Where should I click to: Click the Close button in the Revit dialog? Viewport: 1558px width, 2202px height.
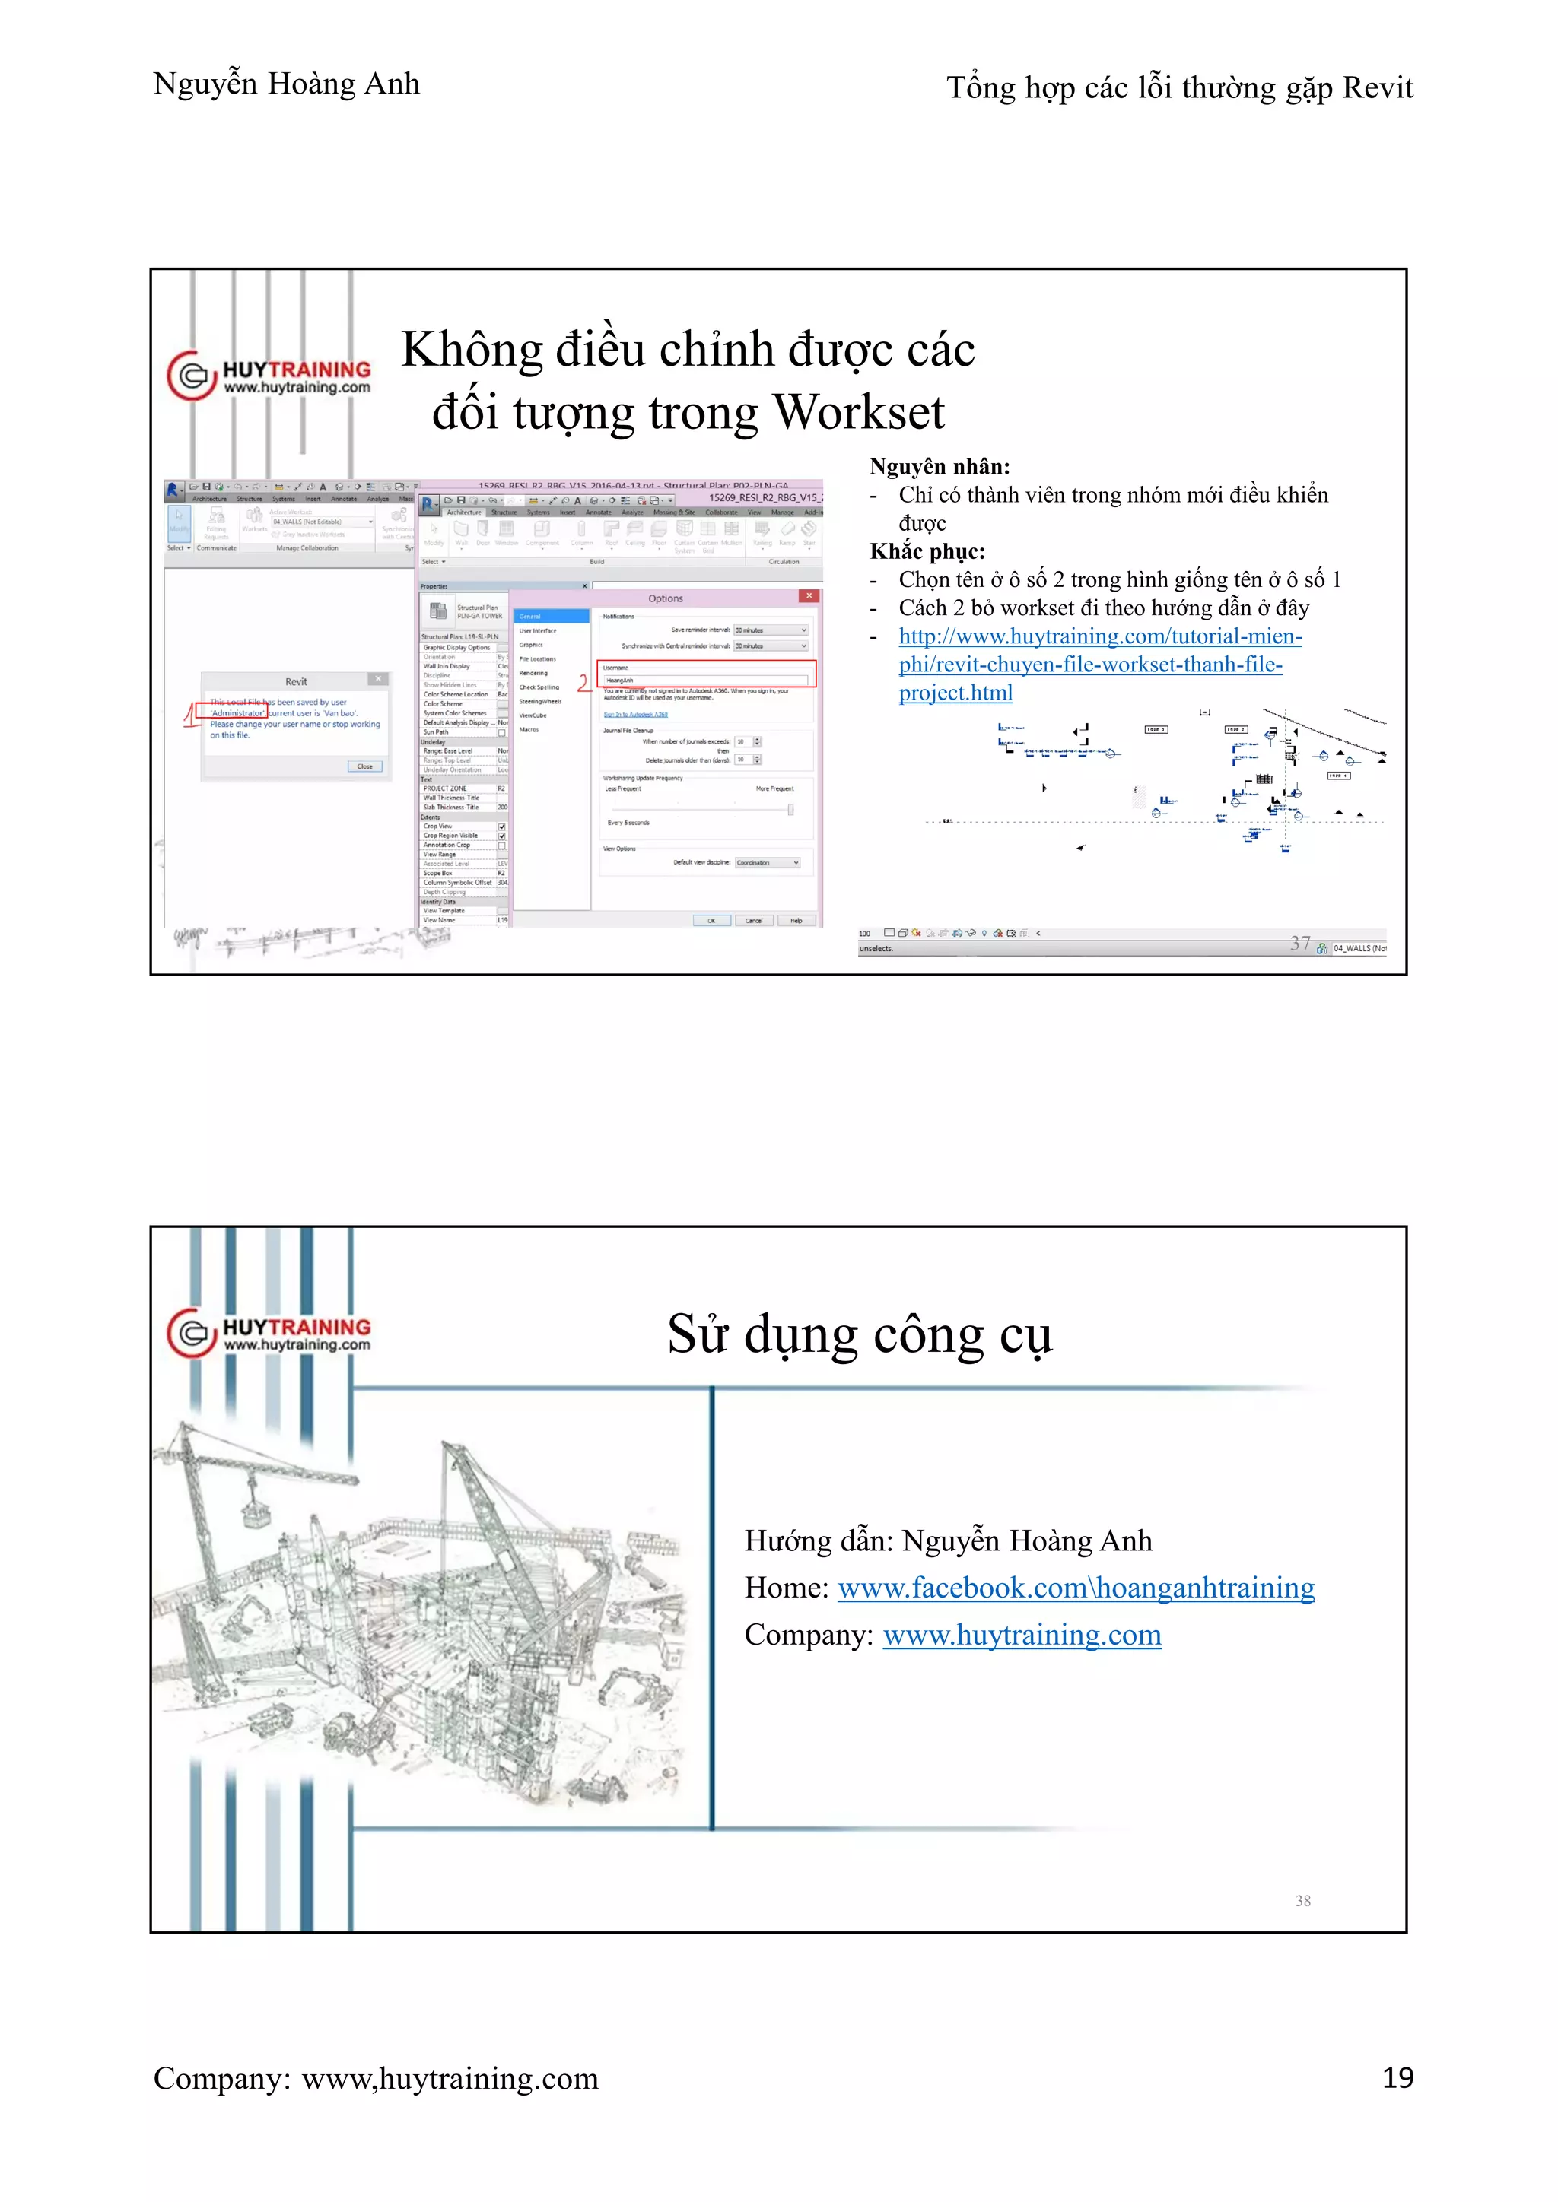(x=364, y=766)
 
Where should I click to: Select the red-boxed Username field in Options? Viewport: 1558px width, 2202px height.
(x=706, y=679)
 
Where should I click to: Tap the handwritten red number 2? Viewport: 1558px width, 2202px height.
(x=583, y=683)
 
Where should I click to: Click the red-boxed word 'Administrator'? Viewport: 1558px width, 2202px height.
(x=236, y=712)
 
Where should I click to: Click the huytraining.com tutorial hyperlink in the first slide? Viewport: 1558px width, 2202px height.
(x=1099, y=664)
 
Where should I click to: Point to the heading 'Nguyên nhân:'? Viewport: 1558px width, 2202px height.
(x=940, y=467)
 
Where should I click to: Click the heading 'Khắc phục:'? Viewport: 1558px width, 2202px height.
(x=927, y=551)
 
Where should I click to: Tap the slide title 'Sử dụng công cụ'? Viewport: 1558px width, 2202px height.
(x=860, y=1334)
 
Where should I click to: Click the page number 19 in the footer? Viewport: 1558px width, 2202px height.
(x=1397, y=2078)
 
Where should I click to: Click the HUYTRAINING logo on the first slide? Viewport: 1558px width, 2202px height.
(x=269, y=376)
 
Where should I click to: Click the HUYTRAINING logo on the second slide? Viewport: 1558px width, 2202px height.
(x=269, y=1333)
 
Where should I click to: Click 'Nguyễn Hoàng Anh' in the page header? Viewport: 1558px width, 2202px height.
(x=286, y=84)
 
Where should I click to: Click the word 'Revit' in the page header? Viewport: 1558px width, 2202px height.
(x=1377, y=88)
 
